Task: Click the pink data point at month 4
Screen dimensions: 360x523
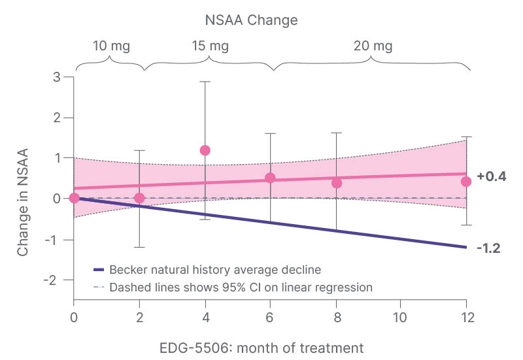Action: point(205,150)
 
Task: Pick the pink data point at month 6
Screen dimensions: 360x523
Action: point(270,178)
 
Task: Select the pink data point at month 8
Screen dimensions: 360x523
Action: point(336,183)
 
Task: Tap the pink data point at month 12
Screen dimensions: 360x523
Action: point(465,182)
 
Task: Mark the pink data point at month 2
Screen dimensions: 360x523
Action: point(139,198)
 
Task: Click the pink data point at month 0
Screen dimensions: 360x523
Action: point(74,198)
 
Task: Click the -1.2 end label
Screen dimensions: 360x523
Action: point(488,248)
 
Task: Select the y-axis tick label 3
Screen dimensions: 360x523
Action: point(58,77)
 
